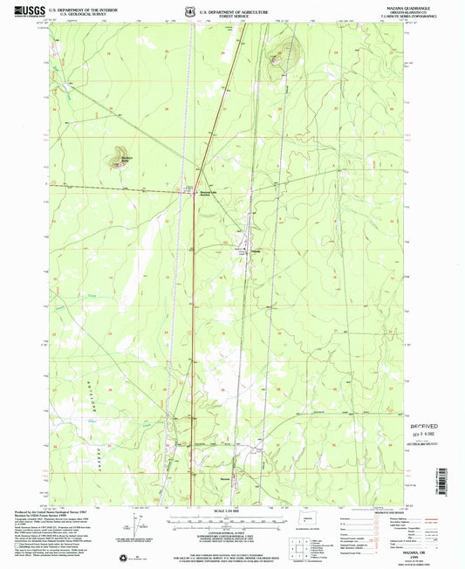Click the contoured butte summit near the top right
tap(278, 58)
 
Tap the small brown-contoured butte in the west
tap(115, 160)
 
